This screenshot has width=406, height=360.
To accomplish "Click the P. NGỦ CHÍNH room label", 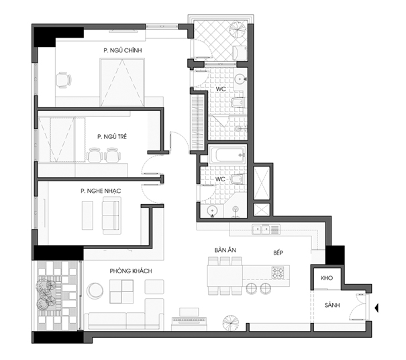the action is tap(123, 50).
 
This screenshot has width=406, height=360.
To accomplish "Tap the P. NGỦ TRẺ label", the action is tap(112, 136).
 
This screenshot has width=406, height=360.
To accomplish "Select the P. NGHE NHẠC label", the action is tap(101, 191).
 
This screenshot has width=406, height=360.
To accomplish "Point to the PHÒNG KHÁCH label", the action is tap(131, 271).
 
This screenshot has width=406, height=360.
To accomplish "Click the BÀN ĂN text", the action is tap(225, 250).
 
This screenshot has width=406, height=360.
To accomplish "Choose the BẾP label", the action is tap(278, 253).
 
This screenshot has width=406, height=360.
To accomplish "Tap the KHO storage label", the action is tap(327, 278).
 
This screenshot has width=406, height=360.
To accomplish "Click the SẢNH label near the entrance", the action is tap(332, 306).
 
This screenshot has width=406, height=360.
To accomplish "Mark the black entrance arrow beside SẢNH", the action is tap(376, 308).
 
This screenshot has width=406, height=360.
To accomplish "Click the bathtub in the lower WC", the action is tap(227, 155).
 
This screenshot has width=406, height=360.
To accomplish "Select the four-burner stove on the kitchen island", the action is tap(278, 273).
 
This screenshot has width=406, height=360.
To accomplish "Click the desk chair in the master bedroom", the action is tap(63, 80).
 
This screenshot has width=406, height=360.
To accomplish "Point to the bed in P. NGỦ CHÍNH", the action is tap(122, 83).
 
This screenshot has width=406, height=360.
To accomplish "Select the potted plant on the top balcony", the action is tap(237, 29).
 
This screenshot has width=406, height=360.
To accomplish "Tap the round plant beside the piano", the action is tap(231, 323).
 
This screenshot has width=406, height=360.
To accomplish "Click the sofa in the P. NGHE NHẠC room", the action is tap(111, 215).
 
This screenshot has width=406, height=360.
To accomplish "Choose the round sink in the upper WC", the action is tap(240, 79).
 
